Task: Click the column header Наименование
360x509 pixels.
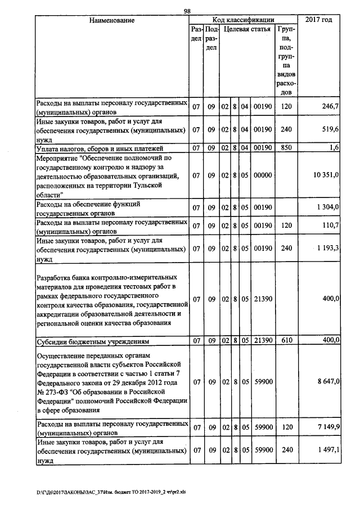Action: tap(111, 20)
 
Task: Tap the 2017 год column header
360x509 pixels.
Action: tap(318, 20)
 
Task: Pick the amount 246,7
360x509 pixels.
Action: tap(329, 107)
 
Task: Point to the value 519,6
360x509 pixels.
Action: tap(329, 129)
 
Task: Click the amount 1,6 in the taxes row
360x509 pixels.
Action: tap(333, 148)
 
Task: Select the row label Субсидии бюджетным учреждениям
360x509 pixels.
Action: tap(92, 341)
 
